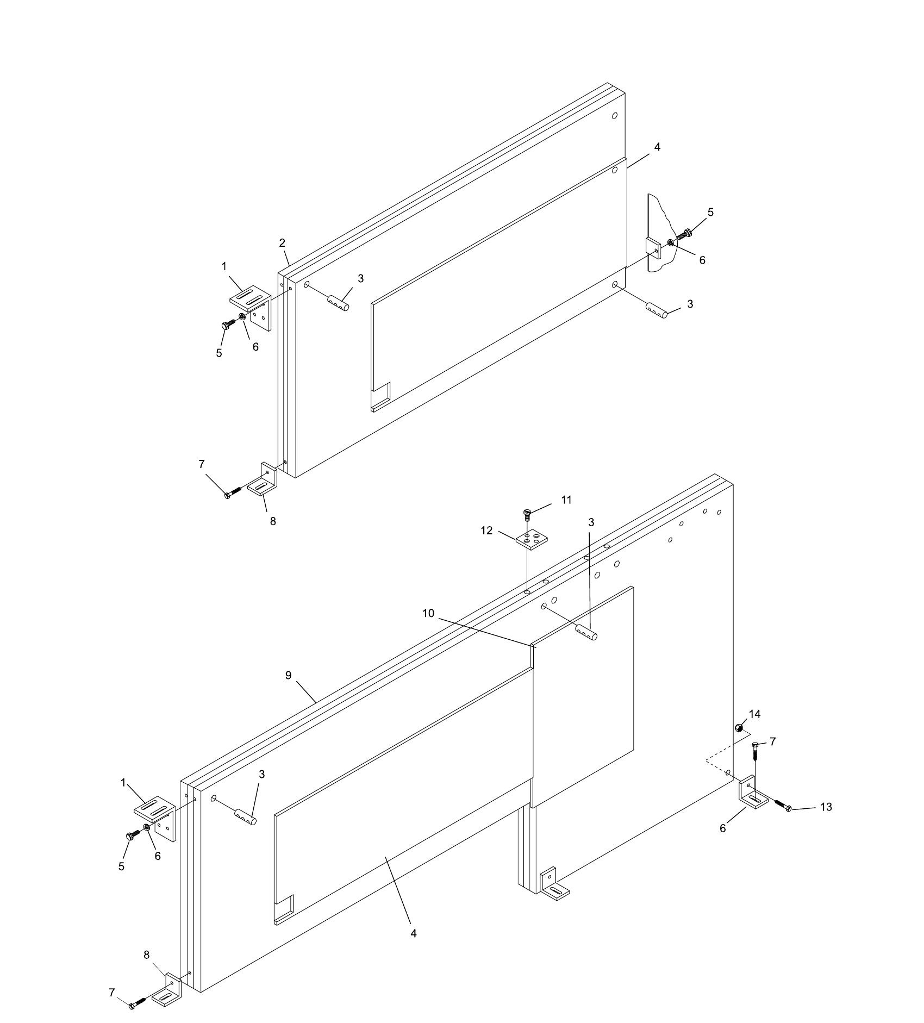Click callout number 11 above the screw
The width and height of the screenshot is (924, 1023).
(566, 500)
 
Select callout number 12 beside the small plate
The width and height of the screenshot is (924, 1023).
(486, 530)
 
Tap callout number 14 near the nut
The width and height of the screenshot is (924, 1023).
(754, 714)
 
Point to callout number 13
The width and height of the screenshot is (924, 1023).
(826, 807)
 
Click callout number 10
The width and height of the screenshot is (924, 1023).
(428, 613)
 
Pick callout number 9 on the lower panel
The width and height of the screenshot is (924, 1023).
(288, 675)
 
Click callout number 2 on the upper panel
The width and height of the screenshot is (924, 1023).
(283, 243)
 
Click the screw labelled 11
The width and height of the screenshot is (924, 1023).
(526, 514)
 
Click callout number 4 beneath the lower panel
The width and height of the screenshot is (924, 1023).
(414, 933)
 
